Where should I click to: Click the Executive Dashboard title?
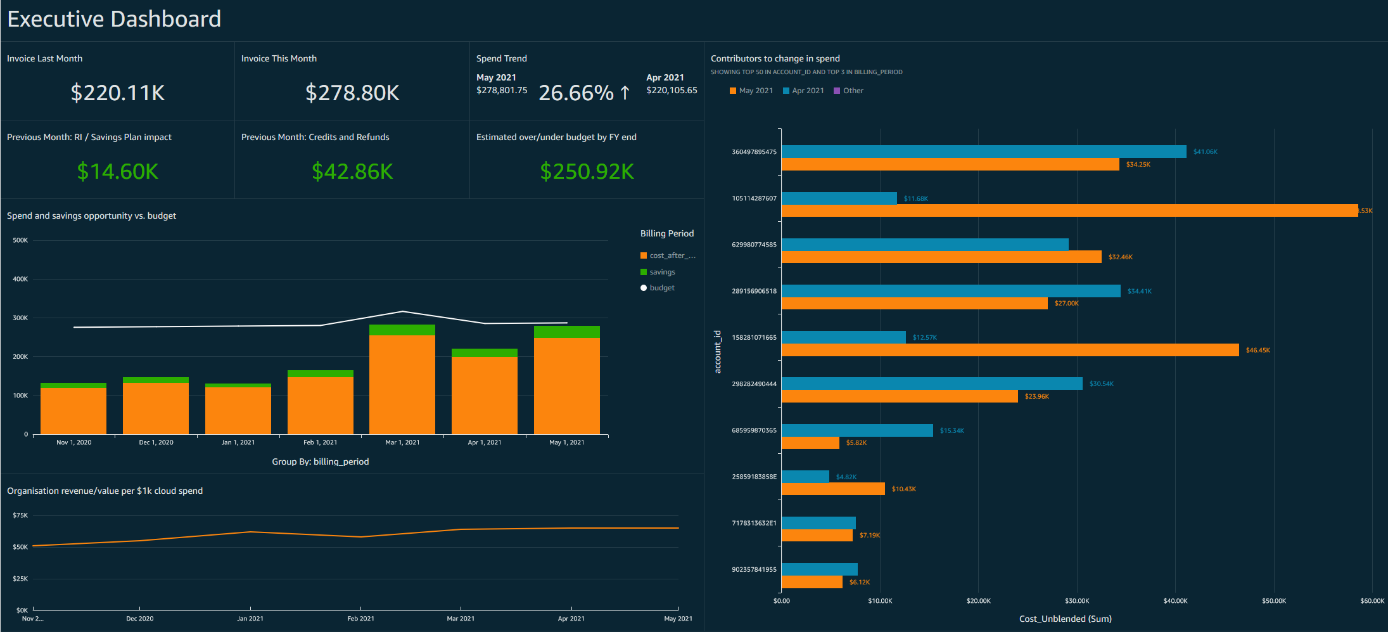click(x=114, y=19)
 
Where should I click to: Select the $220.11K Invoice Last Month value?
click(x=117, y=93)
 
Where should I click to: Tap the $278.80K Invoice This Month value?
click(x=352, y=93)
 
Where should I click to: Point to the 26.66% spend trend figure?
click(x=576, y=93)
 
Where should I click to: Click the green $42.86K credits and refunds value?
click(x=352, y=171)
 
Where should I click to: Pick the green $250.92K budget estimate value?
click(x=587, y=171)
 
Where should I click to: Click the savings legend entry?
click(x=661, y=272)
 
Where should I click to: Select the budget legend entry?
click(x=661, y=288)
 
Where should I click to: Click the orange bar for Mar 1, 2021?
click(x=402, y=384)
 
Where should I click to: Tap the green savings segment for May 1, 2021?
click(x=566, y=332)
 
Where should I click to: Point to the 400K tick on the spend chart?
click(x=20, y=279)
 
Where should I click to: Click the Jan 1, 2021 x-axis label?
click(x=238, y=442)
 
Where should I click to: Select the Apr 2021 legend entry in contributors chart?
click(x=807, y=91)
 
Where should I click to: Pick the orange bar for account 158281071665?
click(x=1010, y=350)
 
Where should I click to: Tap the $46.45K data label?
click(x=1257, y=350)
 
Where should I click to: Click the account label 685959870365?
click(x=754, y=430)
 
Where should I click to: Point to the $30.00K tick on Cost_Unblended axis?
click(x=1077, y=600)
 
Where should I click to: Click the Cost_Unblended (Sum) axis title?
click(x=1065, y=619)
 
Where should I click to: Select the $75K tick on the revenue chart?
click(x=20, y=515)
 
